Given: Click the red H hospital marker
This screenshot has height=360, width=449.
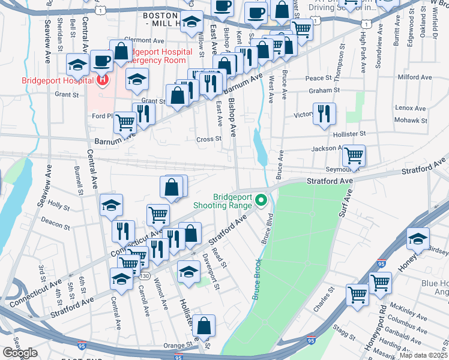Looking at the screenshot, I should pos(103,79).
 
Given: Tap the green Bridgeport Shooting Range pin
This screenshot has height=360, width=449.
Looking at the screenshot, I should pos(261,200).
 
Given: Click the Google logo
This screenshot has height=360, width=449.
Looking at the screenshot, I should pos(20,353).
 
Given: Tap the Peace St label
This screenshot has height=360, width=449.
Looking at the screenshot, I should pos(318,78).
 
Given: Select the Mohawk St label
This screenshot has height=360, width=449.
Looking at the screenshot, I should pos(411,120).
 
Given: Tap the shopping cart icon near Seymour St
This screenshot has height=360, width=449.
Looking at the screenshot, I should pos(354,155).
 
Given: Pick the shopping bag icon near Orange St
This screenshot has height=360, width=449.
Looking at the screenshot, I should pos(204,325).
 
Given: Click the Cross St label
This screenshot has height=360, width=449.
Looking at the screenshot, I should pos(209,139).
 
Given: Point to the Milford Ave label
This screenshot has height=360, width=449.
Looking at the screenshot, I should pos(415,77).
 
